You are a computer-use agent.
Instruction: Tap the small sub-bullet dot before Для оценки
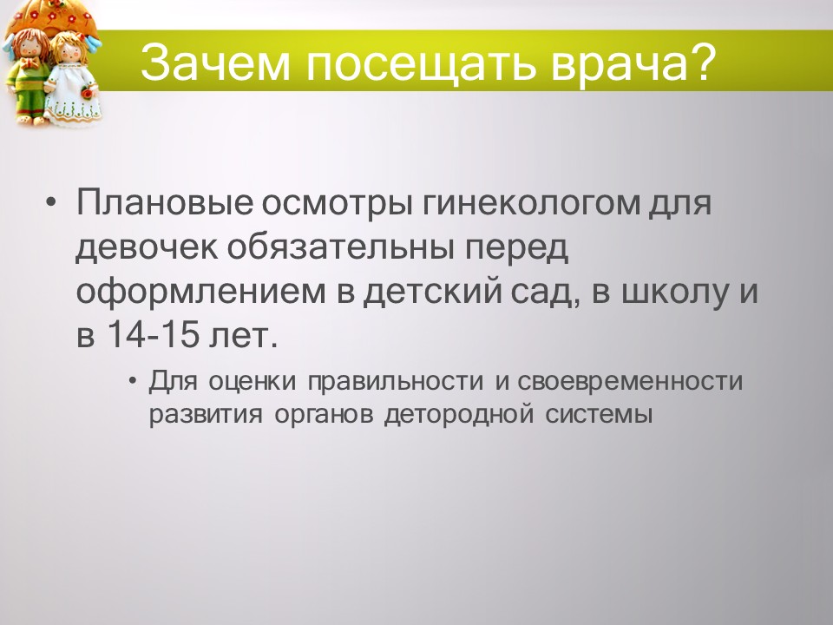tap(132, 382)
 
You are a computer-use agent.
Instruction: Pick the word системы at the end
tap(599, 414)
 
